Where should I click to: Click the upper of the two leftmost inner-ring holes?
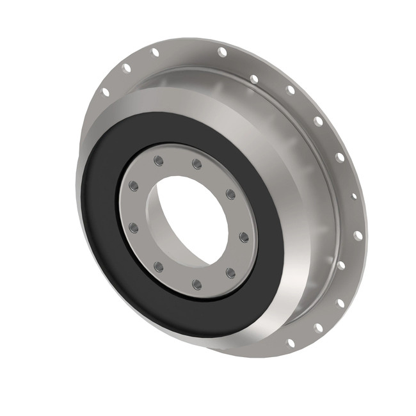134,186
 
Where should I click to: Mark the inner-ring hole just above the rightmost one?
230,194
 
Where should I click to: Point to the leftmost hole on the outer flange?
106,92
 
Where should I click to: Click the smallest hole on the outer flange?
354,196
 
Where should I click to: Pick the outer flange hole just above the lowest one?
318,328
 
